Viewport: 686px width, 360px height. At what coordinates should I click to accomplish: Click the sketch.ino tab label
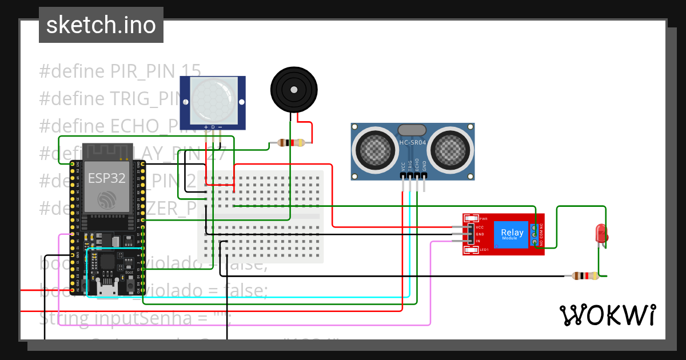(101, 25)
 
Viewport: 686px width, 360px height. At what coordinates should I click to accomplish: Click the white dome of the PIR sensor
(214, 100)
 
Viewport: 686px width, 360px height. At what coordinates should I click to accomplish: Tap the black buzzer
(293, 90)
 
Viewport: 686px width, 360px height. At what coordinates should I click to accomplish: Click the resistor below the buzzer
(290, 143)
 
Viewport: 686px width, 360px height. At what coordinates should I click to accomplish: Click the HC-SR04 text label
(413, 142)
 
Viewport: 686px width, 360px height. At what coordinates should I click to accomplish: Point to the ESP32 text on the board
(106, 178)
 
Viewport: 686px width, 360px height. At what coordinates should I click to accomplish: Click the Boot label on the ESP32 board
(129, 272)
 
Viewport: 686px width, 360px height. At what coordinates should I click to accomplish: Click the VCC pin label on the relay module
(480, 227)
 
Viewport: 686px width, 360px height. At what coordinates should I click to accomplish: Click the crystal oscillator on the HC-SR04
(412, 130)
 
